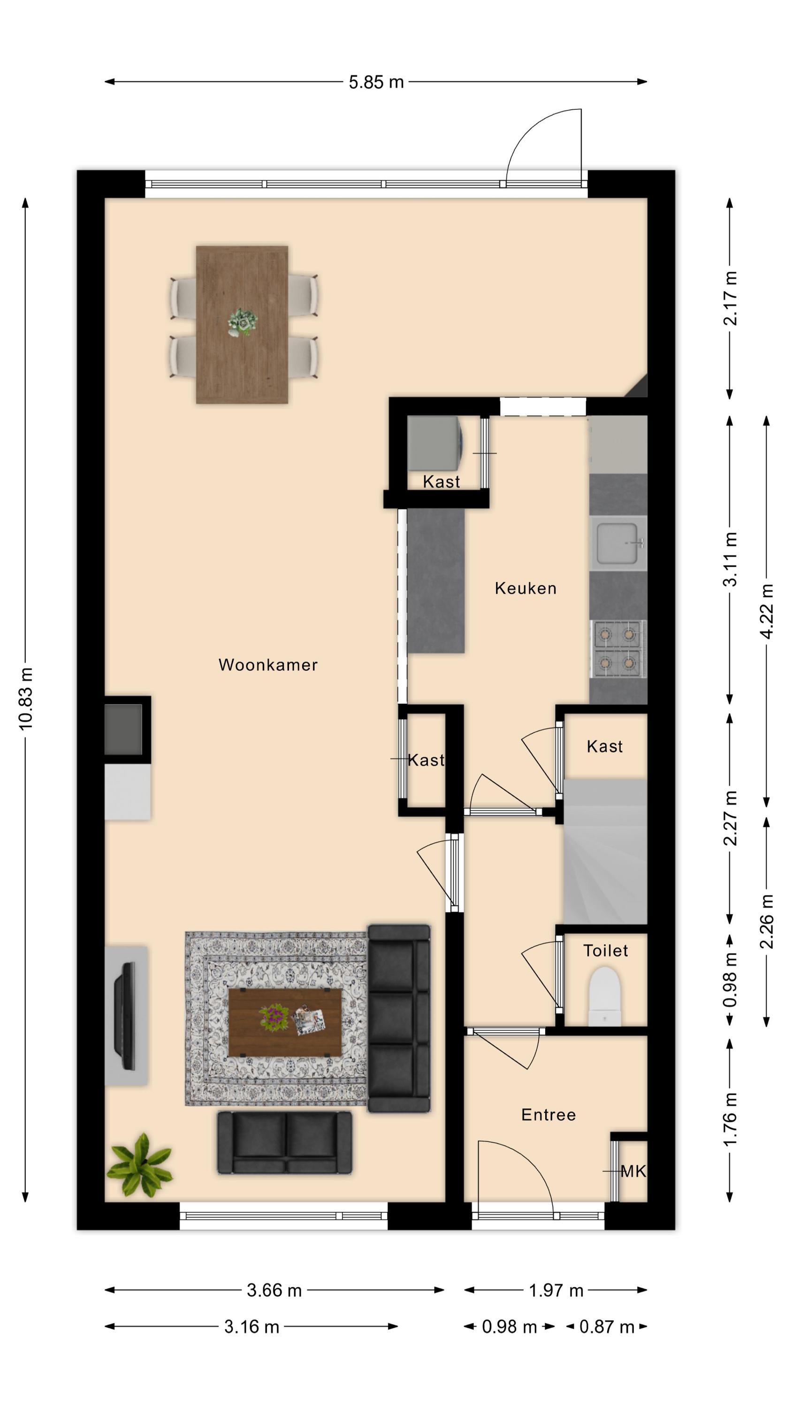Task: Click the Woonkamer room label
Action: [268, 665]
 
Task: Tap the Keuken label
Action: [525, 588]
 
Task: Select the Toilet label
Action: [605, 950]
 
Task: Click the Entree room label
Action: [548, 1115]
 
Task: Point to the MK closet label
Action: [633, 1171]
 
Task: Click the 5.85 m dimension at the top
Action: [376, 82]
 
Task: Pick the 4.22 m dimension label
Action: [767, 611]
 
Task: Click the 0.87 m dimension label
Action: [606, 1326]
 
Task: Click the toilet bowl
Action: [605, 996]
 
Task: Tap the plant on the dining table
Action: [242, 321]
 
